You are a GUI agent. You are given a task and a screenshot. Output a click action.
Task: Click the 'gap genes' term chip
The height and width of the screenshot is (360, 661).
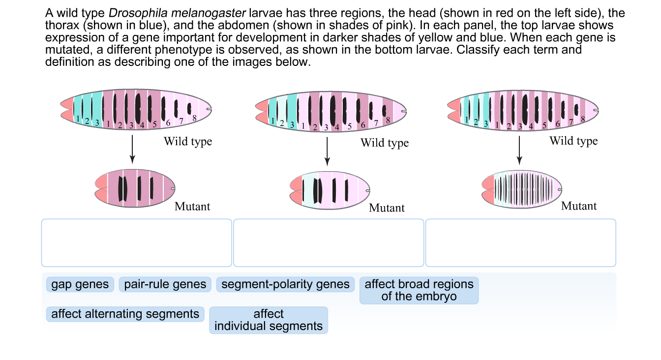coord(80,284)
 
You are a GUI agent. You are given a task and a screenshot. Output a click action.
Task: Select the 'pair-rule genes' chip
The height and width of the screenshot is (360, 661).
coord(165,284)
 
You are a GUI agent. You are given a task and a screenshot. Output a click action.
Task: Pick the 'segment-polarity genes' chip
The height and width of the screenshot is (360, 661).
coord(285,284)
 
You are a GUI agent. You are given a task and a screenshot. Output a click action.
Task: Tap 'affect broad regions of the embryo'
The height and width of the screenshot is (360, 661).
coord(419,290)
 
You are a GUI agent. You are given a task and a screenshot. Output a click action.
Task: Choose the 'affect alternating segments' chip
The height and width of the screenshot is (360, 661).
coord(125,314)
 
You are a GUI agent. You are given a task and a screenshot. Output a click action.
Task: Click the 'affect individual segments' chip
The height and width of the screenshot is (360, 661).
coord(269,320)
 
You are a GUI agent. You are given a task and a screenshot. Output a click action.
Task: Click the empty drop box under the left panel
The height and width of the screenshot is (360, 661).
coord(136,242)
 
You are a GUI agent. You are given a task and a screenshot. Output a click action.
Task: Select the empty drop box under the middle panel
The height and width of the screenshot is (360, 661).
coord(328,242)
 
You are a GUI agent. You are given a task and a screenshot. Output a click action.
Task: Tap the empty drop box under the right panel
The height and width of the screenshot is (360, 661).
coord(520,242)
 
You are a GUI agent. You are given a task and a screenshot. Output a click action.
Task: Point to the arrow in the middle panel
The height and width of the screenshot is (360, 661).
coord(328,151)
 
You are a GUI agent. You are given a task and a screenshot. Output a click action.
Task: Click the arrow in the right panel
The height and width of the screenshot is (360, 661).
coord(519,150)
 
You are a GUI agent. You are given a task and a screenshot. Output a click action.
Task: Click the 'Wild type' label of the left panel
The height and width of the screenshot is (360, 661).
coord(188,142)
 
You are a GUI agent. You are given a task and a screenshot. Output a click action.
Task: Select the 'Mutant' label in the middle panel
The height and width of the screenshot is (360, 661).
coord(387,208)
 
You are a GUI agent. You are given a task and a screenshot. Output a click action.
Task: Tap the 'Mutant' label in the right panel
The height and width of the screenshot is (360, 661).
coord(579,206)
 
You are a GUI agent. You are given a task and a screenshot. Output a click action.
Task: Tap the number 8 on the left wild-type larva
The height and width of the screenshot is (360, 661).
coord(194,118)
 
